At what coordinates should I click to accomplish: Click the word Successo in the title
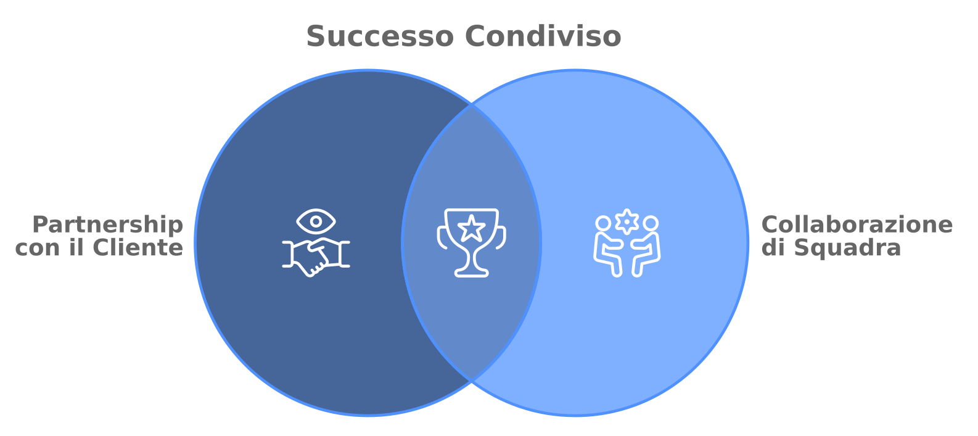click(x=380, y=36)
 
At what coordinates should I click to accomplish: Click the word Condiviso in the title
click(x=543, y=36)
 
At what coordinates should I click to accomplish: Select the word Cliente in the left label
click(x=138, y=247)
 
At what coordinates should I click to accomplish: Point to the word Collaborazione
click(x=857, y=224)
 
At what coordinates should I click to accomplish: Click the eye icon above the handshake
click(x=316, y=222)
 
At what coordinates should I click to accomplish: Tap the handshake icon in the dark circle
click(x=316, y=258)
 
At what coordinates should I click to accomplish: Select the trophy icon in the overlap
click(x=472, y=242)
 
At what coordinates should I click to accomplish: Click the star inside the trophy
click(x=472, y=228)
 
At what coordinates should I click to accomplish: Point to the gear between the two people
click(x=627, y=222)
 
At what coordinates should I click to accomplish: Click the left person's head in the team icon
click(x=604, y=223)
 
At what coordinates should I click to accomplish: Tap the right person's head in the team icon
click(x=651, y=223)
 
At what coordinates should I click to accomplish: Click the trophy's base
click(x=472, y=273)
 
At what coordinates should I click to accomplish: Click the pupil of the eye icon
click(x=316, y=222)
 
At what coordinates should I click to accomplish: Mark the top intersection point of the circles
click(x=472, y=105)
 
